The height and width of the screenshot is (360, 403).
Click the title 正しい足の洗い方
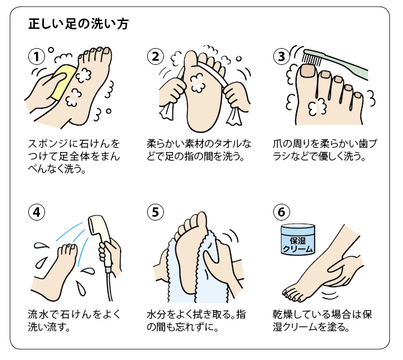(x=79, y=24)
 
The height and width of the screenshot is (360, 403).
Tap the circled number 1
(x=37, y=56)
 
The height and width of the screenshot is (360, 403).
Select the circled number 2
(x=156, y=56)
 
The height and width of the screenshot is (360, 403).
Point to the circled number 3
(x=282, y=56)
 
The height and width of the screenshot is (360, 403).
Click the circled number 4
(x=37, y=212)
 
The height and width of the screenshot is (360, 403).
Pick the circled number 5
(x=156, y=212)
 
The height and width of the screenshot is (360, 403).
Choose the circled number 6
(x=282, y=212)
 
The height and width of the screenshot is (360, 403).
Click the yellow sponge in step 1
(x=62, y=82)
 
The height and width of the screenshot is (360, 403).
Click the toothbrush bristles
(x=311, y=59)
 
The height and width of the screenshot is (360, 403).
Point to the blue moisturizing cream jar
(x=298, y=239)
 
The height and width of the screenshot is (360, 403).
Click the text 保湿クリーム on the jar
(x=298, y=245)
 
